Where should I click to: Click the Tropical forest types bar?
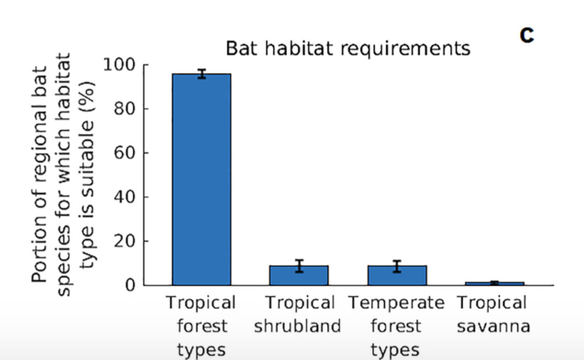(202, 179)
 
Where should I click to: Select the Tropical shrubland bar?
(299, 276)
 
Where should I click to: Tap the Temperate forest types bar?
(397, 276)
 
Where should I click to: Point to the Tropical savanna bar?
(494, 284)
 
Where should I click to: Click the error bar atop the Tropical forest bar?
(202, 73)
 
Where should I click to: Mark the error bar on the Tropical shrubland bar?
(299, 266)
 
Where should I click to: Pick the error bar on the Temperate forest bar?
(397, 267)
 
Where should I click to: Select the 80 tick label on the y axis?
(124, 109)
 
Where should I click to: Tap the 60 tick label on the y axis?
(124, 153)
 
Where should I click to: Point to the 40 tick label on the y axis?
(124, 197)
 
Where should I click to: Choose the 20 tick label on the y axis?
(124, 241)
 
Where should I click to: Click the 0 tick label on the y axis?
(130, 285)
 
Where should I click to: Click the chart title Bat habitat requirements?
(348, 49)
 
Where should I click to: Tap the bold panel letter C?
(527, 36)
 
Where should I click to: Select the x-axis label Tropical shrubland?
(298, 314)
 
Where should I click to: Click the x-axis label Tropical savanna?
(493, 314)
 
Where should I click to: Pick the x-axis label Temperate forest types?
(396, 326)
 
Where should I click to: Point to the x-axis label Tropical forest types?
(201, 326)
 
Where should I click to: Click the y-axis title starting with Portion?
(63, 175)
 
